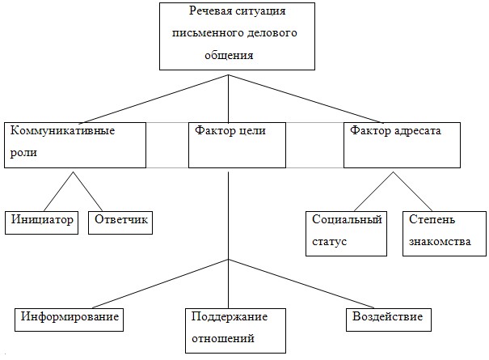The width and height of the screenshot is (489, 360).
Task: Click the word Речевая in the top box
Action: pos(210,11)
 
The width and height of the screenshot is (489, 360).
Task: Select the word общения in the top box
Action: pos(229,56)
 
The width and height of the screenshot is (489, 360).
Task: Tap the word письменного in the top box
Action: pos(208,33)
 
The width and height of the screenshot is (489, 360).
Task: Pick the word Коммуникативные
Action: pos(62,130)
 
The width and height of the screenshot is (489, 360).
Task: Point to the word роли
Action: pos(23,153)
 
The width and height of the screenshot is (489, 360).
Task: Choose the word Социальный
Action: pos(347,219)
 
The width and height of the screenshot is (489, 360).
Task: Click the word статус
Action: pos(329,242)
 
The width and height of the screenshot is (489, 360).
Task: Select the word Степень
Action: pos(432,219)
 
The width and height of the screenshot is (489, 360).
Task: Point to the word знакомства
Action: pos(440,242)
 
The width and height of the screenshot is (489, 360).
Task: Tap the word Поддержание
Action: pos(230,317)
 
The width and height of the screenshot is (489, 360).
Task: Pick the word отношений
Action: pos(223,339)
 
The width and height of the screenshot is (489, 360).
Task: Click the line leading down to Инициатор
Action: pos(59,192)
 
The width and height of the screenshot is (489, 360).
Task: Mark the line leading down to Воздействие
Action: pos(301,284)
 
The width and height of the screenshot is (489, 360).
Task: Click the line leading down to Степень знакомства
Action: pos(412,192)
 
